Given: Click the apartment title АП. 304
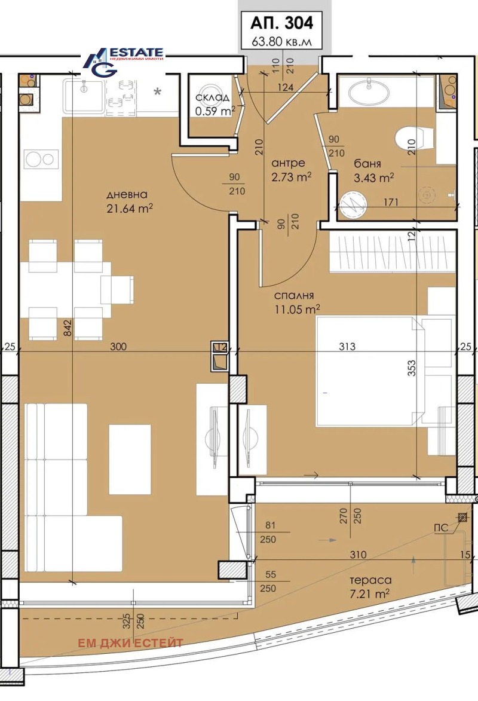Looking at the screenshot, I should tap(280, 23).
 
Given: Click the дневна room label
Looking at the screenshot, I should tap(127, 195).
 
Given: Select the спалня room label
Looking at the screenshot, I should tap(294, 295).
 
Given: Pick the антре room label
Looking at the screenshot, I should tap(288, 163).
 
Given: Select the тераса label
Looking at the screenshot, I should tap(370, 580).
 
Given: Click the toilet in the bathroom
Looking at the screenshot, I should tap(414, 139).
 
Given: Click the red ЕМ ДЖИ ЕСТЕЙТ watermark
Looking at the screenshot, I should tap(130, 643).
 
